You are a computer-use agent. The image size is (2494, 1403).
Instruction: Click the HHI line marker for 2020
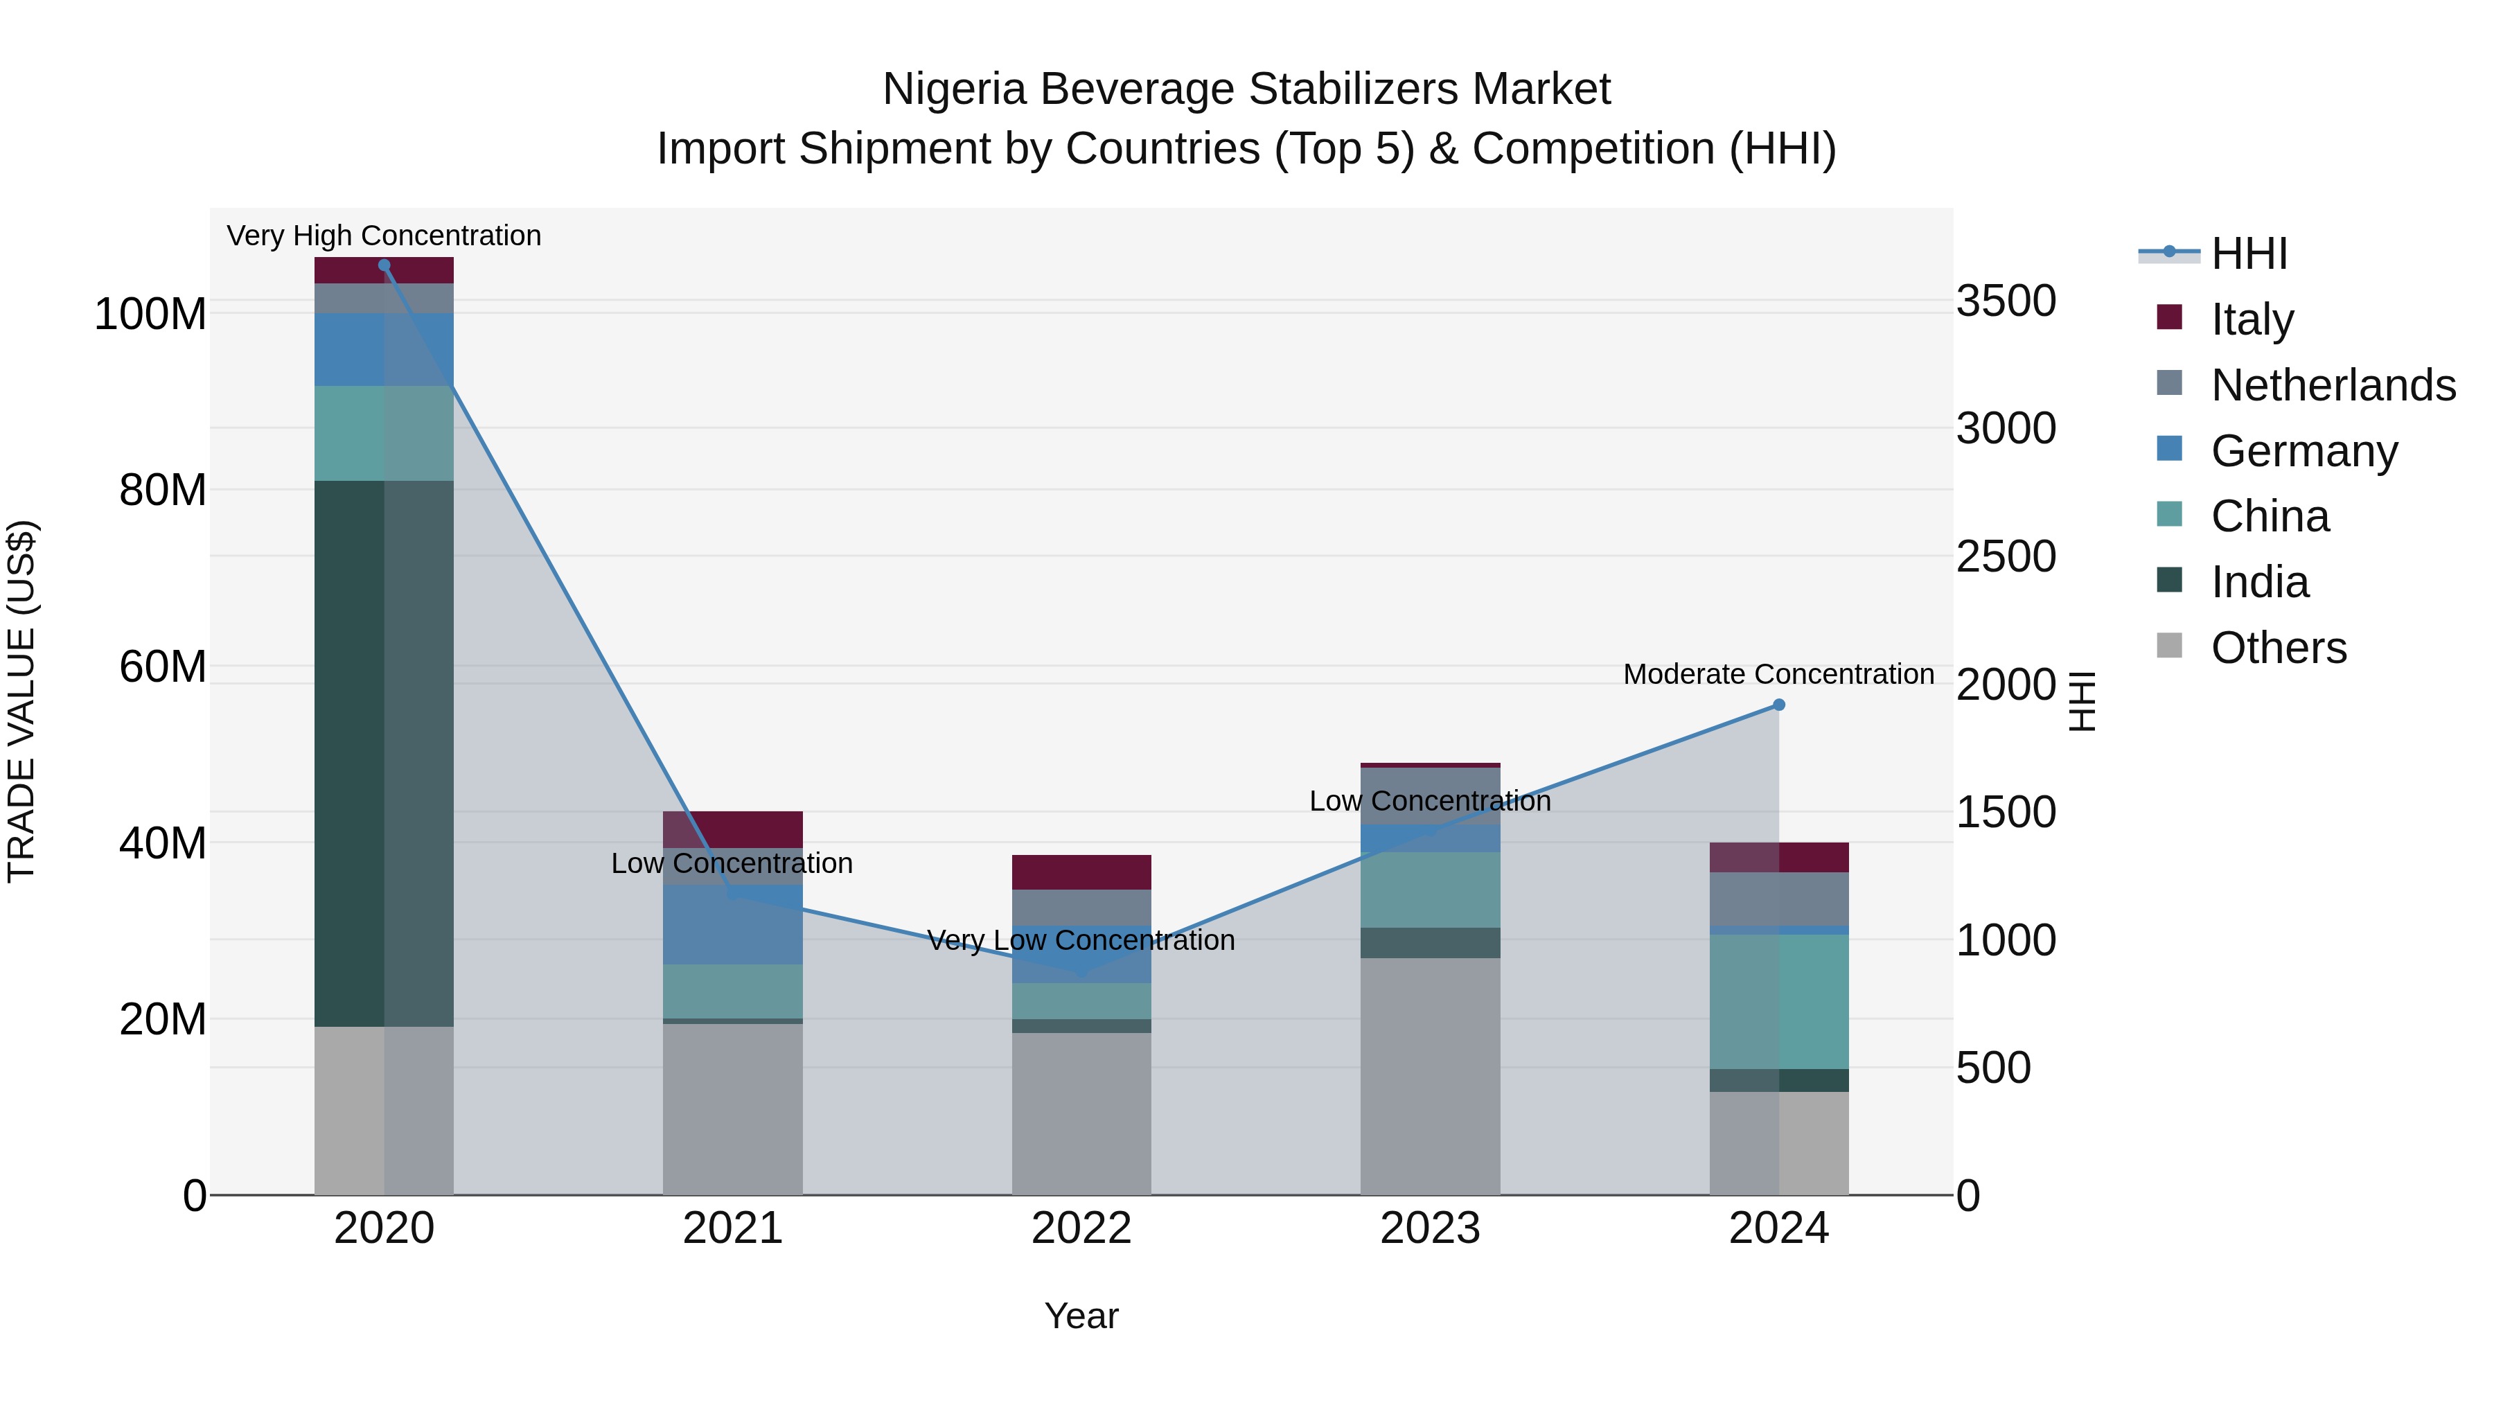[384, 265]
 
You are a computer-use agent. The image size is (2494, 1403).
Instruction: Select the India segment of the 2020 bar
[384, 753]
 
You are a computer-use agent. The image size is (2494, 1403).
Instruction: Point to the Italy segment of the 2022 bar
[1081, 872]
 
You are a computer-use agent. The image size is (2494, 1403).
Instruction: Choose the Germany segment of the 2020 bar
[384, 350]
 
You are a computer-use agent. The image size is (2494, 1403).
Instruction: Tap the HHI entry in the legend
[2249, 254]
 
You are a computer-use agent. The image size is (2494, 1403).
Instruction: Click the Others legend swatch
[2170, 646]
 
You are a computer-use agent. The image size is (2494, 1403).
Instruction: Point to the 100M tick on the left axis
[150, 315]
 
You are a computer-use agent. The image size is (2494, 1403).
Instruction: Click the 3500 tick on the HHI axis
[2006, 301]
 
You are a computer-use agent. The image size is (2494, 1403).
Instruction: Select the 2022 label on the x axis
[1081, 1228]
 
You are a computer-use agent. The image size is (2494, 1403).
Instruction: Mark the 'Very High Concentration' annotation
[384, 236]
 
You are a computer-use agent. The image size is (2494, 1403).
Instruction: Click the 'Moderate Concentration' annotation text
[1778, 674]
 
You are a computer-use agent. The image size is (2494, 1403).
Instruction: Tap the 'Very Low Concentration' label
[1081, 940]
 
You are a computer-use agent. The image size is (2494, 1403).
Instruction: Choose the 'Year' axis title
[1081, 1316]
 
